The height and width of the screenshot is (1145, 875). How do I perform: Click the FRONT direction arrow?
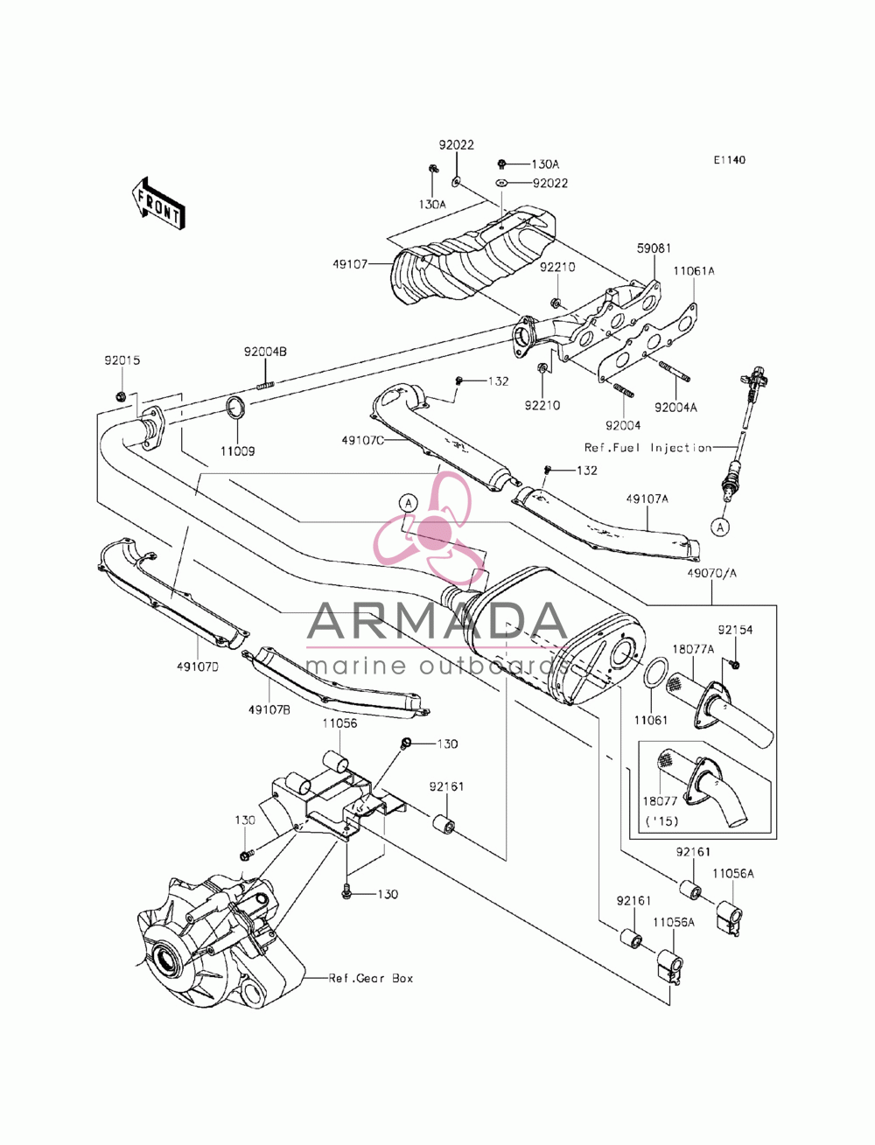point(157,204)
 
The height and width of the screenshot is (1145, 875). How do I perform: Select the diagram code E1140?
point(729,160)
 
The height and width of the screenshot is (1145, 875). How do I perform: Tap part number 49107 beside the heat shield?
point(350,264)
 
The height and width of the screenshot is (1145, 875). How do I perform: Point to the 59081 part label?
point(654,248)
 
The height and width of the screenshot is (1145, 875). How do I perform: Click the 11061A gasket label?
point(693,271)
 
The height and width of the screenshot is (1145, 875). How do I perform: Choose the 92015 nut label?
point(122,360)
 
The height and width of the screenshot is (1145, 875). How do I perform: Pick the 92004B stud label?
point(265,353)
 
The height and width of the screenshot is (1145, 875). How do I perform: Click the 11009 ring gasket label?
point(237,451)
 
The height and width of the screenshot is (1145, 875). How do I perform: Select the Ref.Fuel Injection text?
point(648,448)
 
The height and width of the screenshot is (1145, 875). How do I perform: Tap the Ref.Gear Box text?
point(370,978)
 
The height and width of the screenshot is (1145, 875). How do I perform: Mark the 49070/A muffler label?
point(711,573)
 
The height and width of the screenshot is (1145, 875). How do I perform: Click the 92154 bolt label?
point(735,630)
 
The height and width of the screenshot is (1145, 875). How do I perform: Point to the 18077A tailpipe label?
point(693,649)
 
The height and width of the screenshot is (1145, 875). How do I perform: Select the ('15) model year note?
point(661,821)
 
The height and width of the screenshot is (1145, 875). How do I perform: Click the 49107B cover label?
point(269,709)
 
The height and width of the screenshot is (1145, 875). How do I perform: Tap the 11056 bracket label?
point(339,723)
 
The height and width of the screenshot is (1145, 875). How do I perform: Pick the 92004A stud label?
point(675,408)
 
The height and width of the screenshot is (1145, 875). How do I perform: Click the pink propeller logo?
point(430,528)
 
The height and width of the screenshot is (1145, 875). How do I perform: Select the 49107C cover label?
point(362,441)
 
